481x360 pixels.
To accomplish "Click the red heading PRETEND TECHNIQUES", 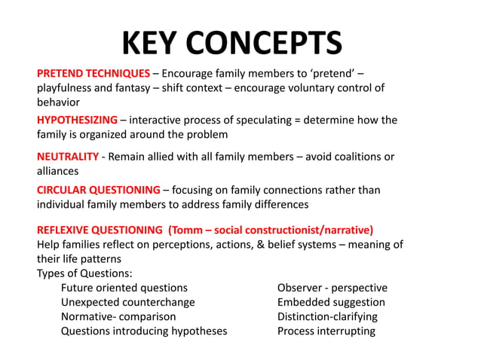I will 93,73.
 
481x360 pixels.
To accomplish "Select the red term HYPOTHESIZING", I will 77,120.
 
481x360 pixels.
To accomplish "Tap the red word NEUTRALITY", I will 68,156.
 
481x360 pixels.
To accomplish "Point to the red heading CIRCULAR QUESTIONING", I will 99,190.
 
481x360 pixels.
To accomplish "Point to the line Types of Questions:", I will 84,273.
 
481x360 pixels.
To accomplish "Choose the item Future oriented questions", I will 124,288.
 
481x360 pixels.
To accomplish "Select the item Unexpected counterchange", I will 127,302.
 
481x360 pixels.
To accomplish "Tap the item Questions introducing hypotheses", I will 144,331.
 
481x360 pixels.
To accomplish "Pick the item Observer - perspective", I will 332,288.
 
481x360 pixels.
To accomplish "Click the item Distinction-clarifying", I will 327,316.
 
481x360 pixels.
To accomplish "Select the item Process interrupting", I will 326,331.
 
